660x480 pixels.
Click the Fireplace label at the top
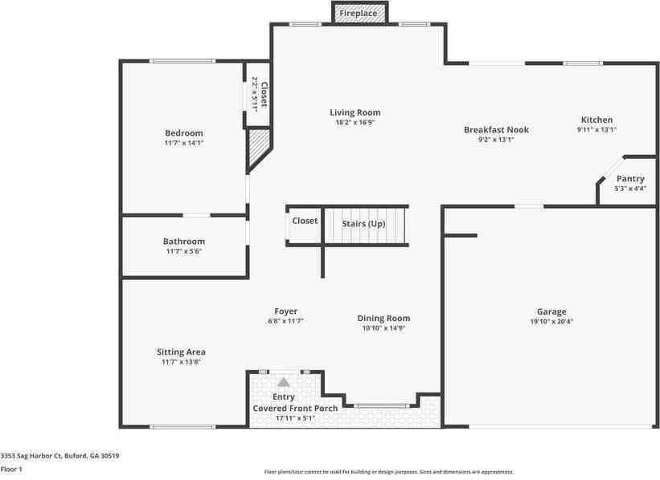[359, 13]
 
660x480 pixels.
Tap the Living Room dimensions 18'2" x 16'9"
[355, 122]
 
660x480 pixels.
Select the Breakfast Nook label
[496, 129]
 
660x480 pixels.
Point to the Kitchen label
[596, 120]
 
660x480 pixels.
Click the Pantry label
[630, 179]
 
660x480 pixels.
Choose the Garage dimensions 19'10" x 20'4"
[551, 322]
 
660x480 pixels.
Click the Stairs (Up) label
[363, 224]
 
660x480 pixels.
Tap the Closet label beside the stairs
[305, 221]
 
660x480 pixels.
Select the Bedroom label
[184, 132]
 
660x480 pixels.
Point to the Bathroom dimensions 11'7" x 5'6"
[184, 251]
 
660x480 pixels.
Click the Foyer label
[286, 311]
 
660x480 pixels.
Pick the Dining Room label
[383, 318]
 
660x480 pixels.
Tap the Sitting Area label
[181, 352]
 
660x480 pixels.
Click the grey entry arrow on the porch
[283, 382]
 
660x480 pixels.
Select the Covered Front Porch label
[295, 408]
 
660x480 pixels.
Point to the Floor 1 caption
[11, 469]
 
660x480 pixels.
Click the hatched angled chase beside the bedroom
[258, 149]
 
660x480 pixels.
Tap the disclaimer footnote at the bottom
[389, 472]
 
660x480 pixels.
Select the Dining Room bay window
[381, 406]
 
